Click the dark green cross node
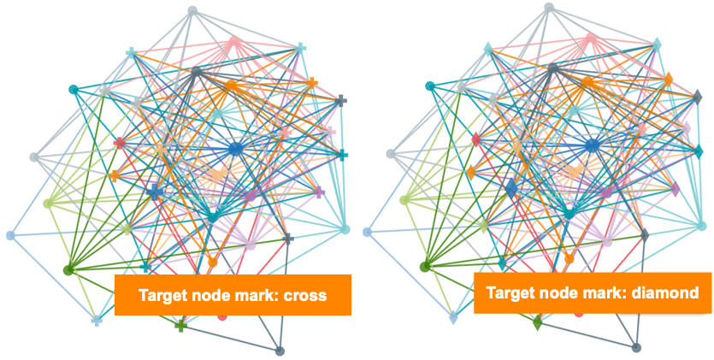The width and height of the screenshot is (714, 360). [x=180, y=326]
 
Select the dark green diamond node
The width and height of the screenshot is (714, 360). [x=537, y=324]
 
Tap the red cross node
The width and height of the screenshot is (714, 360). [x=120, y=142]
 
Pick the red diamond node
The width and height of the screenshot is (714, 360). [x=476, y=139]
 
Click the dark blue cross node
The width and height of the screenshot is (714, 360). [x=155, y=192]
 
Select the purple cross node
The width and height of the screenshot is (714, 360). [x=319, y=192]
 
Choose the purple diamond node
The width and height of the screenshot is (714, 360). [x=676, y=189]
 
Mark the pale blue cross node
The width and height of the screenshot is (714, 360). [x=96, y=321]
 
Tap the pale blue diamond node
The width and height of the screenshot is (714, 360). [x=452, y=318]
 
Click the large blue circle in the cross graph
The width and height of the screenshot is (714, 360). [x=236, y=149]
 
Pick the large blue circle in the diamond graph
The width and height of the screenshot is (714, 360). [x=593, y=146]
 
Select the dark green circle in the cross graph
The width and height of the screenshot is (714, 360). [x=68, y=269]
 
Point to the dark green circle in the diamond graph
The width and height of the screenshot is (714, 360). [x=425, y=267]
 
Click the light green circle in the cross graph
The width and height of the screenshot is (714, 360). [x=48, y=203]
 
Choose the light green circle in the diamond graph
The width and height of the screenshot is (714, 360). [x=404, y=200]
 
